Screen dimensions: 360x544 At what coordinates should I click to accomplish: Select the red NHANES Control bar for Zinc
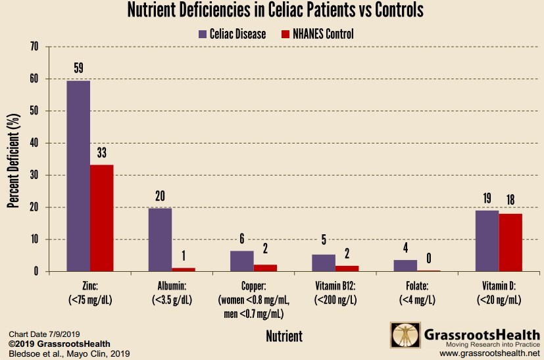point(102,218)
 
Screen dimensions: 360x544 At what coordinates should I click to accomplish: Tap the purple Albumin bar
point(160,240)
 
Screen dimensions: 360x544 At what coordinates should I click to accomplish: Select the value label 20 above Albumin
point(160,195)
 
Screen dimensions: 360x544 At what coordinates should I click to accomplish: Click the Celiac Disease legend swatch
point(203,34)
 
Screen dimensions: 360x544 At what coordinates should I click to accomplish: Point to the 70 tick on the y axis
point(34,47)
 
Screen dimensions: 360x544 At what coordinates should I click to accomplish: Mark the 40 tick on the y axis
point(34,143)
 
